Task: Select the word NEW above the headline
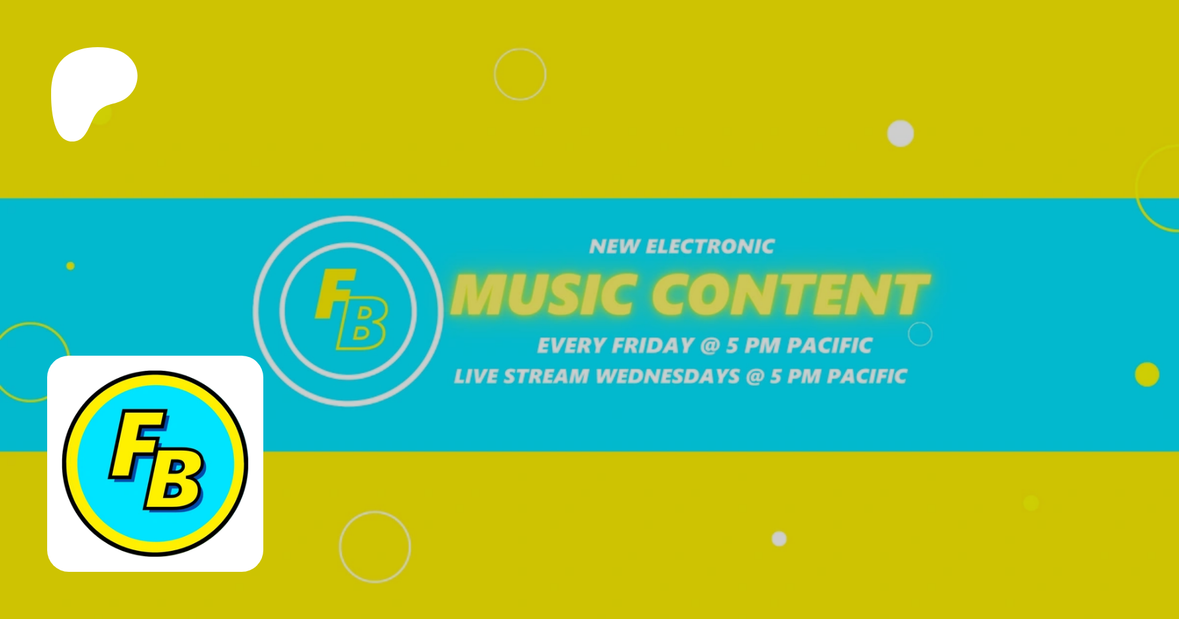pyautogui.click(x=614, y=246)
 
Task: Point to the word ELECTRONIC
pyautogui.click(x=710, y=246)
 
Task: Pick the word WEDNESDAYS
pyautogui.click(x=668, y=376)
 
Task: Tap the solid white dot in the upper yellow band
pyautogui.click(x=901, y=134)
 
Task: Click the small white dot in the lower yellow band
pyautogui.click(x=779, y=538)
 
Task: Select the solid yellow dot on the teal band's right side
pyautogui.click(x=1147, y=374)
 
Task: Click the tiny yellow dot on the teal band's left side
pyautogui.click(x=71, y=266)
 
